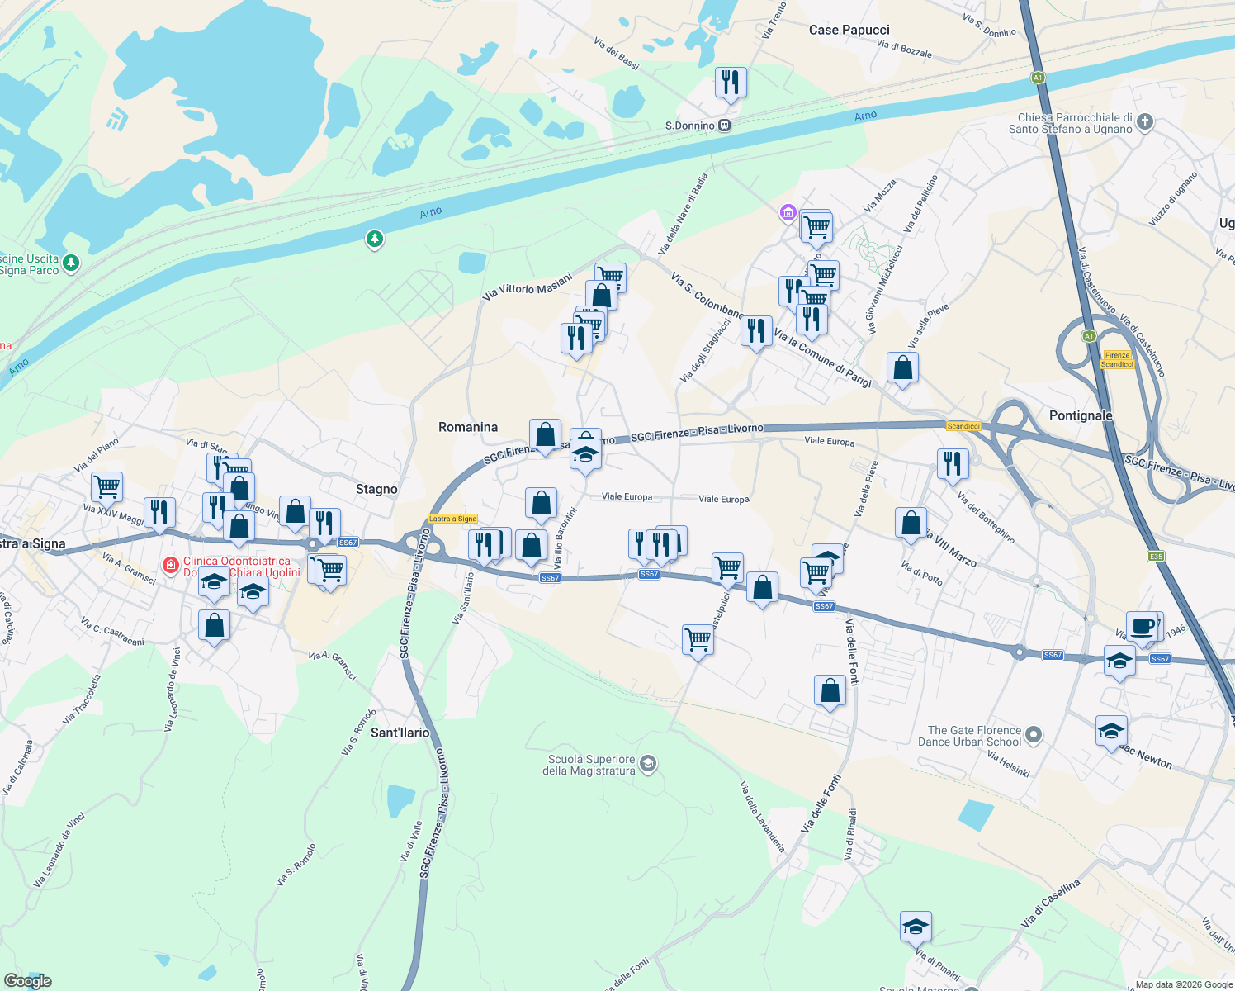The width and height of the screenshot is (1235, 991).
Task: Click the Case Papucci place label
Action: [x=849, y=30]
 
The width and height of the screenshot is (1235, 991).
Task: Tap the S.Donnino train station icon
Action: [x=724, y=126]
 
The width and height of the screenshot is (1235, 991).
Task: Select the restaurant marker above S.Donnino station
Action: [x=731, y=83]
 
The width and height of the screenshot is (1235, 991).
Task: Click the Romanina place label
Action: [x=468, y=427]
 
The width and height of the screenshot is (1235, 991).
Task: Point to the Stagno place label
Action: [x=376, y=489]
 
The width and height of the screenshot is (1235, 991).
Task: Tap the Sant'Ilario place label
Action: [x=400, y=733]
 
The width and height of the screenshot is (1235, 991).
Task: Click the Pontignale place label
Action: [x=1081, y=415]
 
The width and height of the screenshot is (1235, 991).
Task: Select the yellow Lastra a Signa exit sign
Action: [x=453, y=519]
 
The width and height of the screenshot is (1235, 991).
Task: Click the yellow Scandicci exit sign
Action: [x=963, y=426]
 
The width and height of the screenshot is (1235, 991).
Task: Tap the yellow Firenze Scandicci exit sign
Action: [x=1117, y=359]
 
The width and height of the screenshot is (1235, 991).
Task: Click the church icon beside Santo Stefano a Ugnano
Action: [x=1144, y=123]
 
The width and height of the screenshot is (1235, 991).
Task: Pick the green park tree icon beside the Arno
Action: [x=375, y=239]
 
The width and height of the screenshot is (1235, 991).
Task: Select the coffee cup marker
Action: [x=1143, y=627]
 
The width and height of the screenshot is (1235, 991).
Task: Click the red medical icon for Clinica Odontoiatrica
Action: [x=171, y=565]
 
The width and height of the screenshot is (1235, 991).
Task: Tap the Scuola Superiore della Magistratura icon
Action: [x=648, y=764]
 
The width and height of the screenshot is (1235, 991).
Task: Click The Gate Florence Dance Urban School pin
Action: [x=1034, y=735]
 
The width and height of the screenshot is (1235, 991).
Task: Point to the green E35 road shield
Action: [x=1156, y=557]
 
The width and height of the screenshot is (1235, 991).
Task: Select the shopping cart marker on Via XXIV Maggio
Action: [x=107, y=487]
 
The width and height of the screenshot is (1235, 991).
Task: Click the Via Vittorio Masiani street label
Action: [x=528, y=286]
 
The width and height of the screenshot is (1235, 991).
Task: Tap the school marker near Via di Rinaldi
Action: [x=916, y=927]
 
